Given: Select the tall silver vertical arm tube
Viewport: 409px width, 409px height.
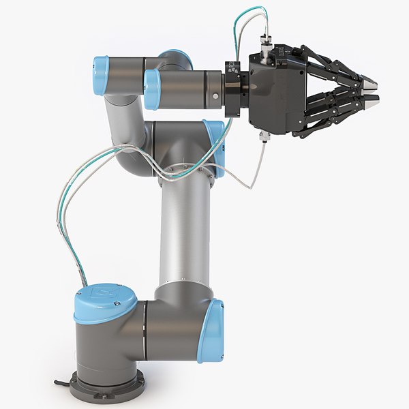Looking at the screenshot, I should coord(181,232).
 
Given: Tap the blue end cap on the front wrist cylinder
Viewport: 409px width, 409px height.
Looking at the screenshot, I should coord(151,89).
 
